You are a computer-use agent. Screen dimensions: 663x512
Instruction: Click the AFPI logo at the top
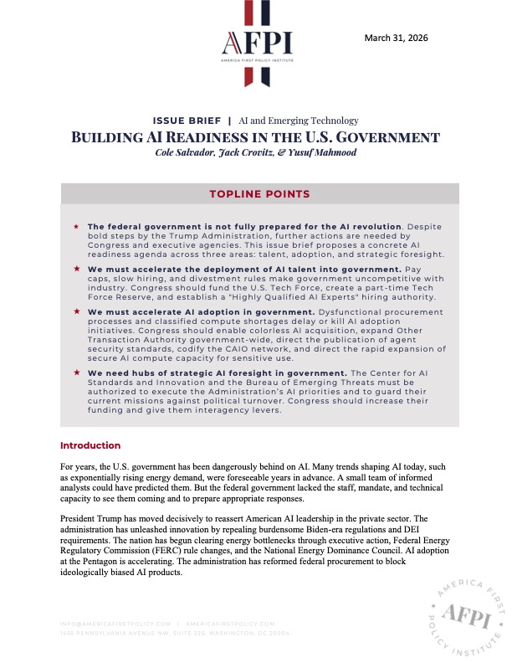coord(256,44)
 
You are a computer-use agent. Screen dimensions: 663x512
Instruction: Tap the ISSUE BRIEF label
coord(190,121)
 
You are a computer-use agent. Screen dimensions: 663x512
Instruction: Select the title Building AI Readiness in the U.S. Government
coord(255,136)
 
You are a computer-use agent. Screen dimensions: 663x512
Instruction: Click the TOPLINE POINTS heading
coord(259,194)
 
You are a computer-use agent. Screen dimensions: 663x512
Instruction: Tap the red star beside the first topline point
coord(76,227)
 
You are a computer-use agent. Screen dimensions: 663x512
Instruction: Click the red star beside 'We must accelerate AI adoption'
coord(76,311)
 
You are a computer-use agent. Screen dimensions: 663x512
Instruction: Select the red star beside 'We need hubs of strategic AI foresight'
coord(76,371)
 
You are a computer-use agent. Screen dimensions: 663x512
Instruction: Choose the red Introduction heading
coord(90,445)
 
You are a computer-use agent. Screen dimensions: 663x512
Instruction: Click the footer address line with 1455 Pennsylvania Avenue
coord(175,633)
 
